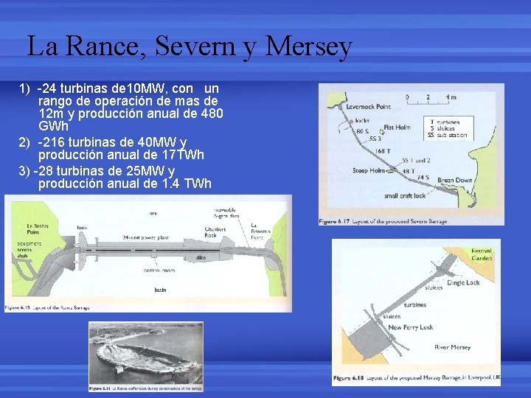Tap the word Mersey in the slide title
(310, 46)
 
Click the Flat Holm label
(397, 128)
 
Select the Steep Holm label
(368, 171)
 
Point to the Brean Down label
(455, 181)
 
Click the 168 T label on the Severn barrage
(383, 151)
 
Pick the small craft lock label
(405, 196)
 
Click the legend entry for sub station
(440, 136)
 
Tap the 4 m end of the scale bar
(451, 97)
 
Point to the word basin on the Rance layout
(160, 290)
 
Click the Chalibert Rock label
(215, 232)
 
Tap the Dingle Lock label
(463, 282)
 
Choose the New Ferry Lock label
(411, 327)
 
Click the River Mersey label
(453, 347)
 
